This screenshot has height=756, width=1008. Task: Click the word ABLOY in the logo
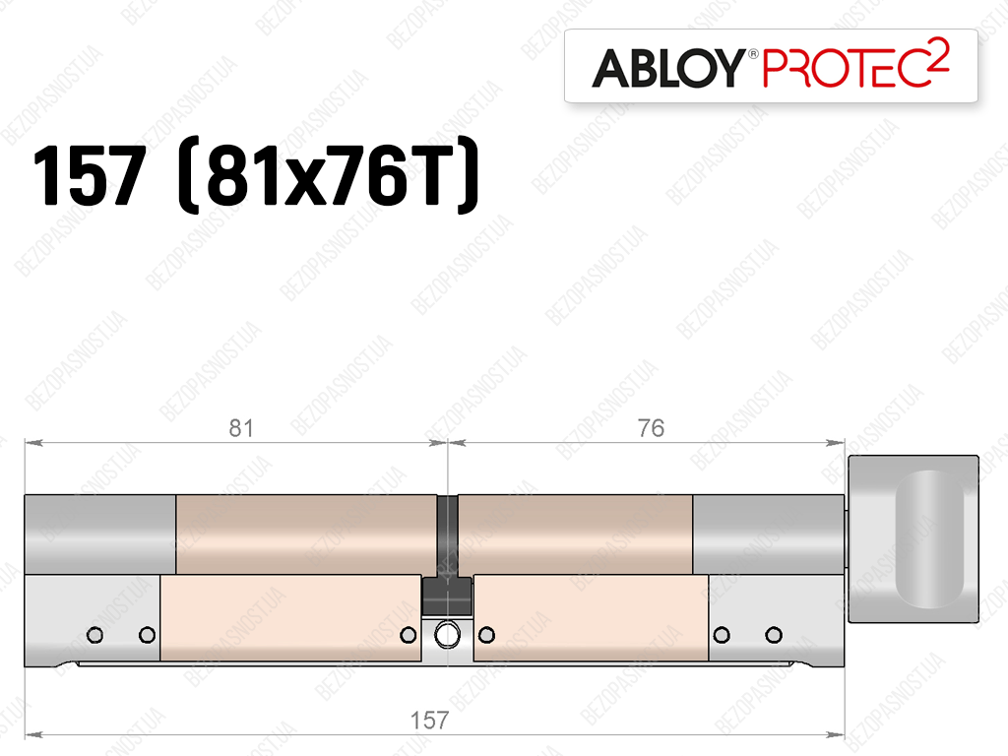pos(667,68)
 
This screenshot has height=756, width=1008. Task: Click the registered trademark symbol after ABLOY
pos(752,54)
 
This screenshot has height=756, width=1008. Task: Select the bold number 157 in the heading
pos(90,175)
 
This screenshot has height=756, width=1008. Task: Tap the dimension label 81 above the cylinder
pos(242,428)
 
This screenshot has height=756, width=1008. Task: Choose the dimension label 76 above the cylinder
pos(651,428)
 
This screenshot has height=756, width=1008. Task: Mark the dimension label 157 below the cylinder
pos(429,720)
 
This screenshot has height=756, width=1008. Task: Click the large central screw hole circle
pos(447,635)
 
